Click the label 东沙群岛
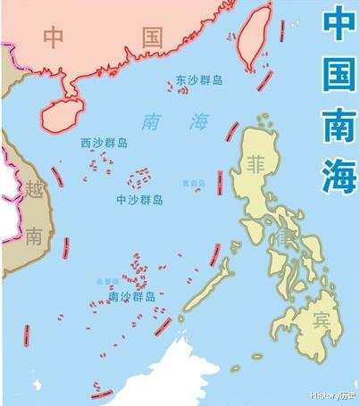click(199, 80)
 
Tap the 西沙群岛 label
click(105, 142)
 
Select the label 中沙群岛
click(139, 199)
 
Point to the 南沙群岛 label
click(132, 296)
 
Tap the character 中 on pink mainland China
click(54, 37)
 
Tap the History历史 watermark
click(333, 394)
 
